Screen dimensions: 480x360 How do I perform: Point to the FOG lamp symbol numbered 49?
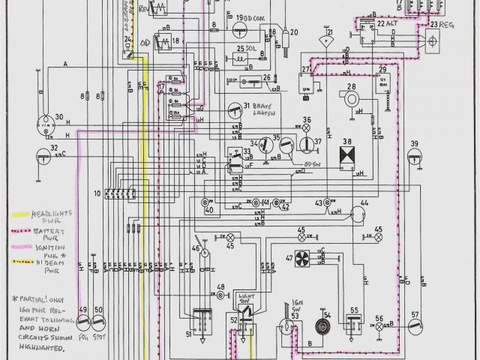click(x=83, y=323)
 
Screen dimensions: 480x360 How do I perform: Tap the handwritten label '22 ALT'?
click(x=386, y=24)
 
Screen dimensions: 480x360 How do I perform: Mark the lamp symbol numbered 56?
click(x=379, y=326)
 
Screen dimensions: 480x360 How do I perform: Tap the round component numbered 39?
click(x=413, y=157)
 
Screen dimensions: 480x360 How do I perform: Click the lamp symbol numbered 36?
click(x=306, y=128)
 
